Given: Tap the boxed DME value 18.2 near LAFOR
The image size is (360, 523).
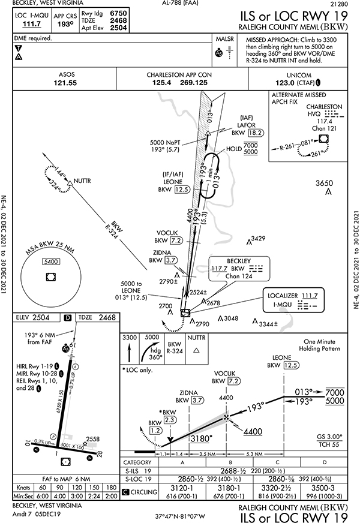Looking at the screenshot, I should click(x=256, y=132).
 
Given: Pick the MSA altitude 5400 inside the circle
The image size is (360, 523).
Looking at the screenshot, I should click(x=50, y=262).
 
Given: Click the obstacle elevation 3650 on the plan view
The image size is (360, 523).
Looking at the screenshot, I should click(x=324, y=183).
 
